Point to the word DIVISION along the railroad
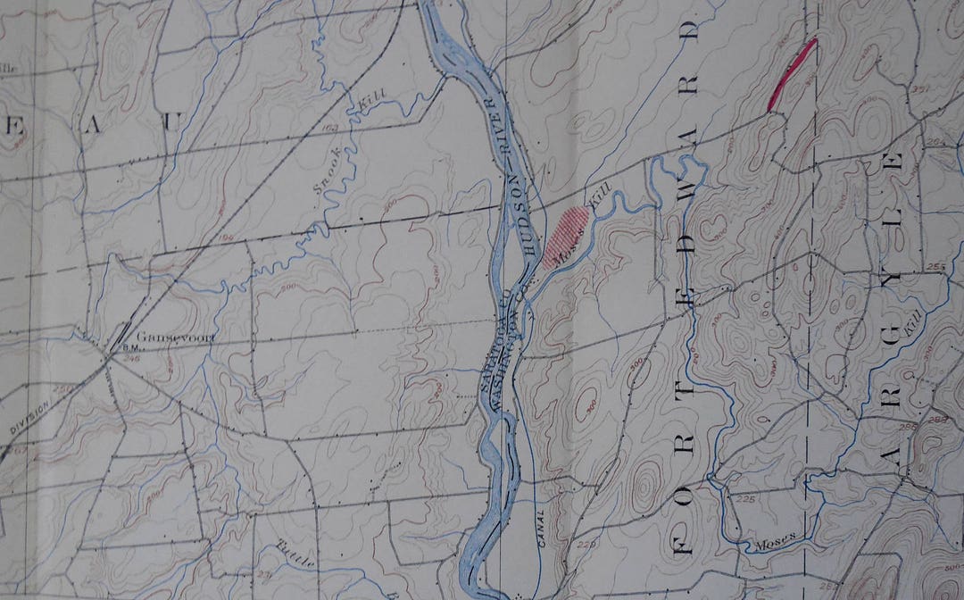29,417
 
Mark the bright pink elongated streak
793,74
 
